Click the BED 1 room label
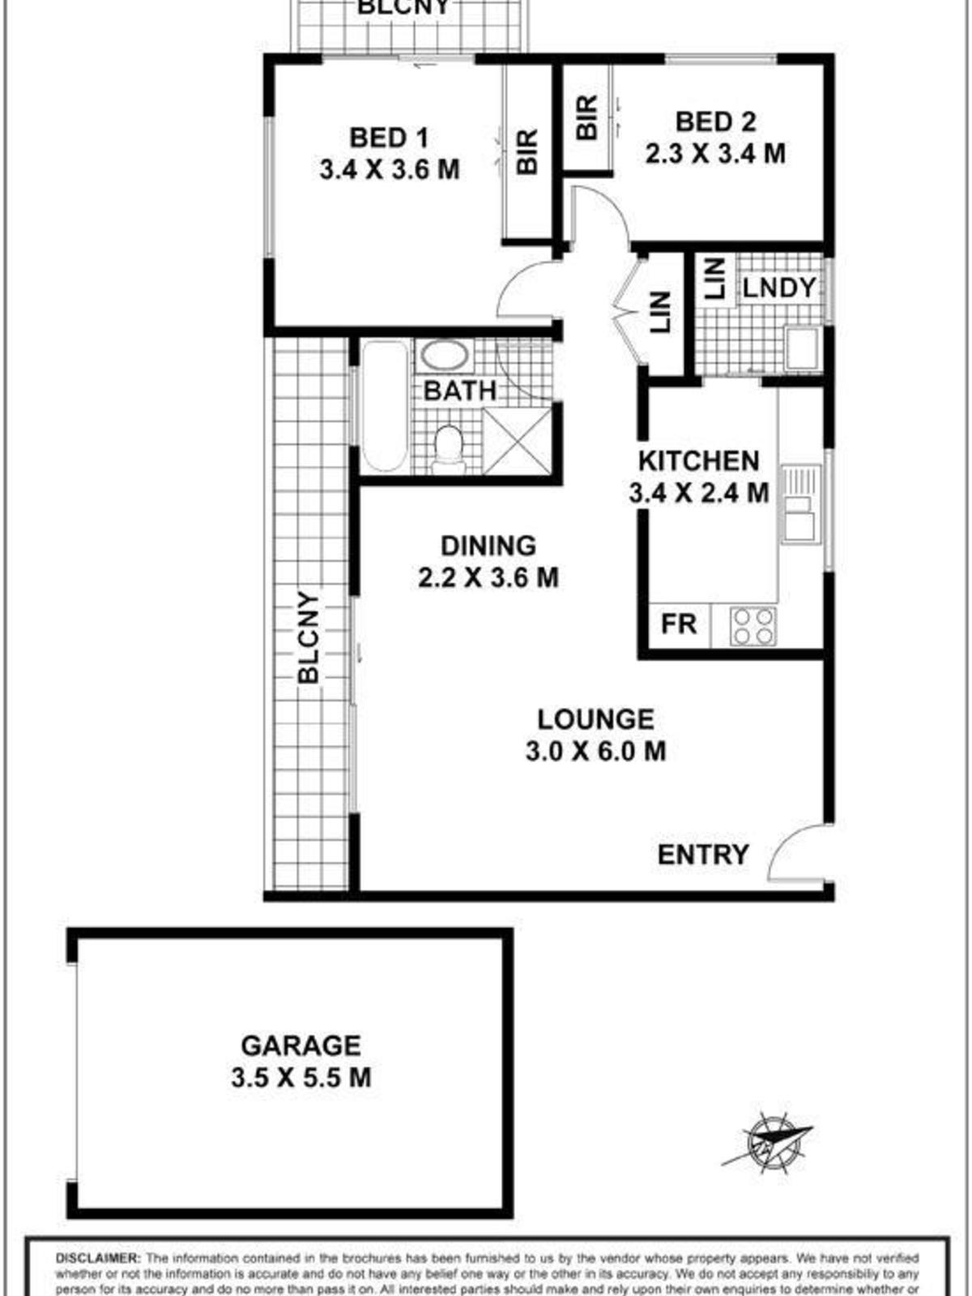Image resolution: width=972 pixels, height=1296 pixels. [x=389, y=138]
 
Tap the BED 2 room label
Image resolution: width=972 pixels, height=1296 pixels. [x=715, y=122]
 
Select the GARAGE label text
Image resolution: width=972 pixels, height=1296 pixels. [x=301, y=1046]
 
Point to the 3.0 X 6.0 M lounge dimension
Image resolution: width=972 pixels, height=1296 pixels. [x=595, y=752]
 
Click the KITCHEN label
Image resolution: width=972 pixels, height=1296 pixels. [x=698, y=461]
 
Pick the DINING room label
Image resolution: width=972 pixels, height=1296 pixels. [x=488, y=545]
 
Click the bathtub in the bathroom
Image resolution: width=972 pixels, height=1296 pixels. [x=384, y=406]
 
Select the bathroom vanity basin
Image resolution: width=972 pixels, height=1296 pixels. [x=443, y=356]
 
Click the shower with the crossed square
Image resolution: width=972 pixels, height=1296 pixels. [x=517, y=441]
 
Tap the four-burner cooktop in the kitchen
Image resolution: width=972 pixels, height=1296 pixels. [x=752, y=625]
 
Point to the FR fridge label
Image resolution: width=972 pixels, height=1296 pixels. [x=679, y=625]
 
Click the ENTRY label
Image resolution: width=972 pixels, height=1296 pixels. [x=702, y=855]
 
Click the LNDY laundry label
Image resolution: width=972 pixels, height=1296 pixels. [x=778, y=288]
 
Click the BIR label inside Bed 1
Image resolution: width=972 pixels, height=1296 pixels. [x=526, y=151]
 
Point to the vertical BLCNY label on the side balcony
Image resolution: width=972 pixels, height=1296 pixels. [x=309, y=637]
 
